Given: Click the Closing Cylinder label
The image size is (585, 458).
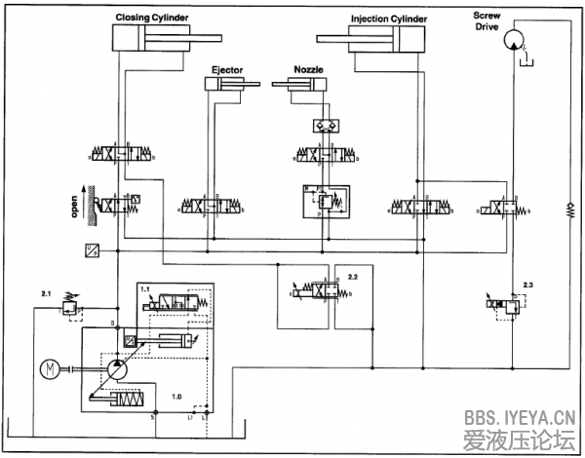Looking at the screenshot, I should point(152,18).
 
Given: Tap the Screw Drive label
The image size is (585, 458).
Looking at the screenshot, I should point(487,20).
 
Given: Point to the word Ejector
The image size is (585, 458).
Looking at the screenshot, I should point(227,70).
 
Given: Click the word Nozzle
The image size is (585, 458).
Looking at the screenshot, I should point(309,70).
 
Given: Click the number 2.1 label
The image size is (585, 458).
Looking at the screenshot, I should point(45,291).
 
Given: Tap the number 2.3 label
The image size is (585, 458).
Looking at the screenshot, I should point(527,283).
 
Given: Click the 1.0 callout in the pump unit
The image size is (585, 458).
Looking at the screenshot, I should point(176,397).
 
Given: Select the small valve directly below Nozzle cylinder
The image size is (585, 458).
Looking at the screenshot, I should point(319,126).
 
